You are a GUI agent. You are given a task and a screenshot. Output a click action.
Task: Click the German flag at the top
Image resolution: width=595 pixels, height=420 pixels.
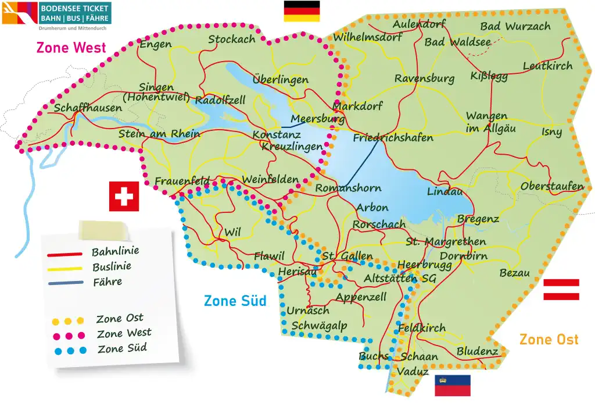click(x=302, y=11)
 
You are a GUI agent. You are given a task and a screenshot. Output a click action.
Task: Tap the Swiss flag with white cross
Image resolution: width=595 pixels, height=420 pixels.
click(x=124, y=196)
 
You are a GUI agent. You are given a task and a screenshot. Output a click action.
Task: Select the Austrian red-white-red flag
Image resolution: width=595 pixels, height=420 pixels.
click(x=561, y=290)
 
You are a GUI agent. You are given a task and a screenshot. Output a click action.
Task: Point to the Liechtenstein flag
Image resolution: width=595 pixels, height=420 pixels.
click(x=453, y=385)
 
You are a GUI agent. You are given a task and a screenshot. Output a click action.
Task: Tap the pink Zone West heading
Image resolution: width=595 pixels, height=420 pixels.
click(x=71, y=48)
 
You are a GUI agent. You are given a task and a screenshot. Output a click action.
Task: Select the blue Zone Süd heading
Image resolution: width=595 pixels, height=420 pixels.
click(x=235, y=301)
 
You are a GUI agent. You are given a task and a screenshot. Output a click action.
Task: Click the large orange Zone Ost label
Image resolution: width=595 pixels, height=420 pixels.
click(x=549, y=339)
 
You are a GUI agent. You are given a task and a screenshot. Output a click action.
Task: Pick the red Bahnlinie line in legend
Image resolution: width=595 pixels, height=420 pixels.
click(x=64, y=254)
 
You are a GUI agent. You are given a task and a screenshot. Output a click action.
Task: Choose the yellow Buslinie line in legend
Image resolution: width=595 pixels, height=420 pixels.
click(x=64, y=269)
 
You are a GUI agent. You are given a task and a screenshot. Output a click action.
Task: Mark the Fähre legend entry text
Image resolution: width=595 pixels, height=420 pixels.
click(x=107, y=282)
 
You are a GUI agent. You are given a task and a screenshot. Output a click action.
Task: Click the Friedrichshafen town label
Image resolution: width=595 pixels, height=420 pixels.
click(x=393, y=138)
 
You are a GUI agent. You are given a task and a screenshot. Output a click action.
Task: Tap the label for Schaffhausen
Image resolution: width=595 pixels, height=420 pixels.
click(x=88, y=108)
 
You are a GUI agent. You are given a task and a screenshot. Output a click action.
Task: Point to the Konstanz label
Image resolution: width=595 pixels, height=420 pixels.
click(x=277, y=135)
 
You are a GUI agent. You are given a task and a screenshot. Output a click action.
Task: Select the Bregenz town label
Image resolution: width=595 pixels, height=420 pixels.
click(x=478, y=219)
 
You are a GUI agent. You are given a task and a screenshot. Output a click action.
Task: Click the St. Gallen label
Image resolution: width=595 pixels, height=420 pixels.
click(x=347, y=256)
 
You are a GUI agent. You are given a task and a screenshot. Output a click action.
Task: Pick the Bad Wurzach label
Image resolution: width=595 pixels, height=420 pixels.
click(x=515, y=27)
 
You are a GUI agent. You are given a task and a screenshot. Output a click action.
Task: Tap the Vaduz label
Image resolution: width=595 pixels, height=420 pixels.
click(x=413, y=371)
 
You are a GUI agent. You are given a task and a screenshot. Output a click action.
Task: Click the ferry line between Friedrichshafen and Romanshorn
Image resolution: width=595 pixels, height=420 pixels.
click(x=364, y=163)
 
